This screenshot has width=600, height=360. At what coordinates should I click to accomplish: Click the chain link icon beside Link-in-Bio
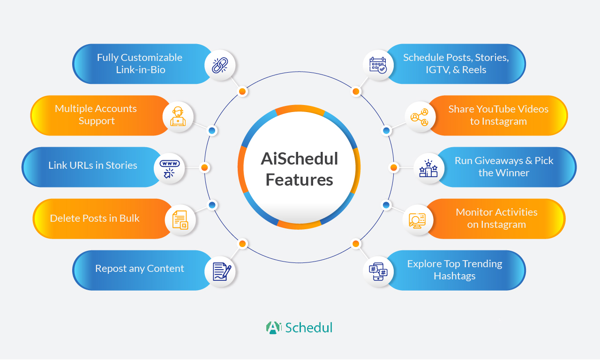(x=220, y=65)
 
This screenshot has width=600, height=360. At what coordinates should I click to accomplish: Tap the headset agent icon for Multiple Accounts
(x=178, y=117)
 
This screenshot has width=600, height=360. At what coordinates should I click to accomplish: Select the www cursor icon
(x=169, y=169)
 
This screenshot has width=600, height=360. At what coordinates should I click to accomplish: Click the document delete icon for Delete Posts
(x=180, y=220)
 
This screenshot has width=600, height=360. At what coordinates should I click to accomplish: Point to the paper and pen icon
(x=222, y=271)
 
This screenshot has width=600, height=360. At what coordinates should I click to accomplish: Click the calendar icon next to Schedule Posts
(x=378, y=65)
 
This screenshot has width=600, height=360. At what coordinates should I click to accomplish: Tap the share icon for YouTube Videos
(x=420, y=117)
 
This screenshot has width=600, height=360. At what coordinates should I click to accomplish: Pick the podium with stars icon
(x=428, y=168)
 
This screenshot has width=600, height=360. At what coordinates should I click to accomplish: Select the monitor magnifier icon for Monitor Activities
(x=417, y=220)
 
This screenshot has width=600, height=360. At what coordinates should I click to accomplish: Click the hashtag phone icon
(x=378, y=271)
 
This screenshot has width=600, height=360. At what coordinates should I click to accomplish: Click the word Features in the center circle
(x=299, y=180)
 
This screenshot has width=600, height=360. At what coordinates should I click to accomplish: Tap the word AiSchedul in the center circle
(x=299, y=158)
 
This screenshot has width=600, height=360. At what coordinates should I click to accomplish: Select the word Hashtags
(x=455, y=276)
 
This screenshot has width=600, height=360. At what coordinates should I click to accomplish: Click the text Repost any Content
(x=140, y=269)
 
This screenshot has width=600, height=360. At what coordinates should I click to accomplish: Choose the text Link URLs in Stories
(x=93, y=165)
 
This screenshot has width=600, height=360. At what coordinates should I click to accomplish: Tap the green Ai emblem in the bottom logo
(x=273, y=328)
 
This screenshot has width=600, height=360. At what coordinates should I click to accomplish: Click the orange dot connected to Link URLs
(x=205, y=168)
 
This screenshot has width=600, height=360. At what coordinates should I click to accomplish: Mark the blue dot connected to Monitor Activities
(x=386, y=205)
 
